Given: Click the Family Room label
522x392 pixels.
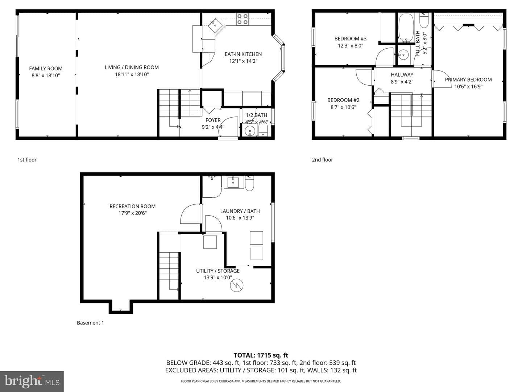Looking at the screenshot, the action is [46, 69].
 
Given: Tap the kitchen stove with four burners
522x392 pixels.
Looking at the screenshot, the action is [243, 19].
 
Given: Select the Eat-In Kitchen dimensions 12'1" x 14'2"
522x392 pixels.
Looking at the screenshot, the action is [243, 61].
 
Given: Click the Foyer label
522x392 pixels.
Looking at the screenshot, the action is [213, 120].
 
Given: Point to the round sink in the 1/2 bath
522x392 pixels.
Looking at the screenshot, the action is [250, 131].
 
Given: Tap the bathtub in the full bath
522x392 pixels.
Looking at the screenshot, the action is [406, 28].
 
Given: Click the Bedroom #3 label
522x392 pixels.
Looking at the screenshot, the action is [350, 38].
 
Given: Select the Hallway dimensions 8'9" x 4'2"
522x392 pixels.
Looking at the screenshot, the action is [402, 82].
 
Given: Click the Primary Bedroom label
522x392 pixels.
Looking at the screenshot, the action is [468, 79].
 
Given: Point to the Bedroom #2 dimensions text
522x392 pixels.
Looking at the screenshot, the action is [343, 107].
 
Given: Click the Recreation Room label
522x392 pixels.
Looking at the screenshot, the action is [132, 207].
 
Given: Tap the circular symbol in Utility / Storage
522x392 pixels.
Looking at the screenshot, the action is [237, 285].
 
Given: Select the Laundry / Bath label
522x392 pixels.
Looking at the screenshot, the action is [240, 211].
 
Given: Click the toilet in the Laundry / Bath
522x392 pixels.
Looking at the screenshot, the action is [249, 183].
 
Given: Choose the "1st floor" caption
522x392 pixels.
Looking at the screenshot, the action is [27, 160].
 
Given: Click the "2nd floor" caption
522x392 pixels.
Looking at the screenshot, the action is [323, 160].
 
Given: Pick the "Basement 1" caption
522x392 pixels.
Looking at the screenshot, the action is [90, 323].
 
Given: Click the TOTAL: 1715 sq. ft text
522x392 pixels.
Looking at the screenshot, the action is [261, 355].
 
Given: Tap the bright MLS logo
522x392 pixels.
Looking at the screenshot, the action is [32, 381].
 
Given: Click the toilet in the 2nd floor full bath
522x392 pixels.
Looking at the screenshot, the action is [424, 20].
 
